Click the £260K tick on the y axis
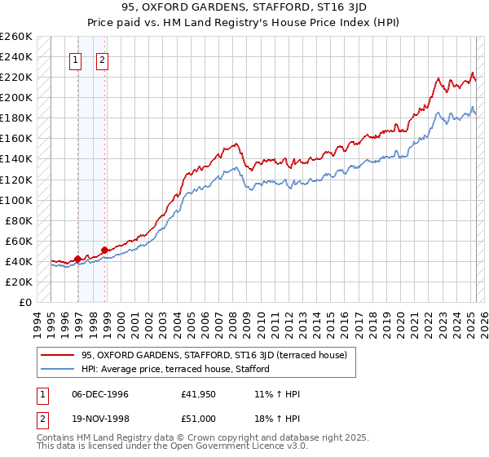[x=16, y=37]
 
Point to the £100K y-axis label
[x=16, y=200]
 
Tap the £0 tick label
[x=24, y=302]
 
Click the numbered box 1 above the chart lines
[x=75, y=59]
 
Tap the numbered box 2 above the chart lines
[x=103, y=59]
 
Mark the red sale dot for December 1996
[x=78, y=259]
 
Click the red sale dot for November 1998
[x=105, y=250]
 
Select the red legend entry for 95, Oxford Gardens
[x=214, y=355]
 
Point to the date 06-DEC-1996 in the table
[x=99, y=394]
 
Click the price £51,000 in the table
[x=199, y=419]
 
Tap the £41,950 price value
[x=199, y=394]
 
